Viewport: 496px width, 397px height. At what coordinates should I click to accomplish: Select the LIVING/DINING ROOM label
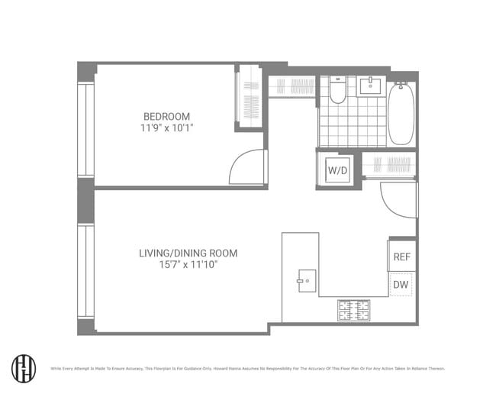(188, 253)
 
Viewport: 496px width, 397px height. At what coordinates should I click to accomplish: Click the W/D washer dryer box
(337, 169)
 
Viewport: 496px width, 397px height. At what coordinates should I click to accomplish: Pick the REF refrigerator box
(401, 257)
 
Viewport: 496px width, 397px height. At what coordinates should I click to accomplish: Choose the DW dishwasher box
(401, 285)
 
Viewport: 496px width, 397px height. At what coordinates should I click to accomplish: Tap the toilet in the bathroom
(337, 91)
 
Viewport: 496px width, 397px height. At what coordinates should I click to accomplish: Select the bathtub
(401, 115)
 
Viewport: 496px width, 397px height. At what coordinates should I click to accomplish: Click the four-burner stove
(354, 309)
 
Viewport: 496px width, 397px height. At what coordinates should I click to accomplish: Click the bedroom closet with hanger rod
(250, 98)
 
